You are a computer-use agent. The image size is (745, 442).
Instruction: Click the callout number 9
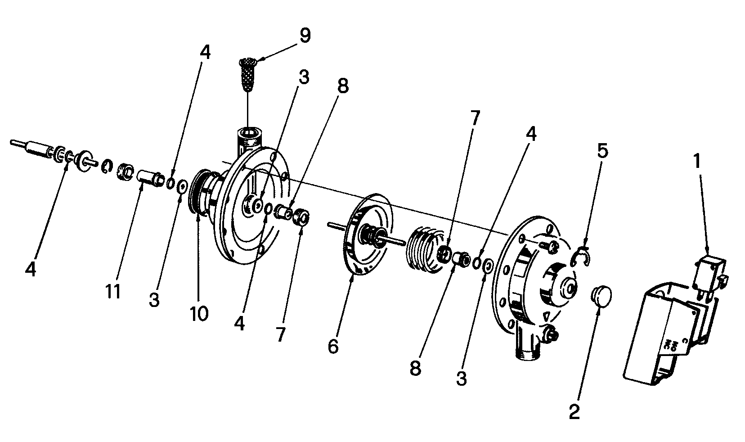pyautogui.click(x=305, y=36)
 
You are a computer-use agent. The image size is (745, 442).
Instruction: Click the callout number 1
pyautogui.click(x=697, y=161)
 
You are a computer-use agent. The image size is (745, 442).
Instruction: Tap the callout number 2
pyautogui.click(x=574, y=411)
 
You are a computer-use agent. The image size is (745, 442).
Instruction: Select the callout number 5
pyautogui.click(x=602, y=151)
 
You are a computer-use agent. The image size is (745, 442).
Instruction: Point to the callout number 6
pyautogui.click(x=333, y=347)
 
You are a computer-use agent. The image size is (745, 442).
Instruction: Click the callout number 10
pyautogui.click(x=199, y=314)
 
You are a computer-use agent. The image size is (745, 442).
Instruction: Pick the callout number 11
pyautogui.click(x=113, y=292)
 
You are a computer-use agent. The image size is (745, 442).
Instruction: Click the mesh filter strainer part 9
pyautogui.click(x=248, y=75)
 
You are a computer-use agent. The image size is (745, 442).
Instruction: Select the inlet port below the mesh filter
pyautogui.click(x=249, y=140)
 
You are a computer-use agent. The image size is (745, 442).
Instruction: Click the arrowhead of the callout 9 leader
pyautogui.click(x=260, y=59)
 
